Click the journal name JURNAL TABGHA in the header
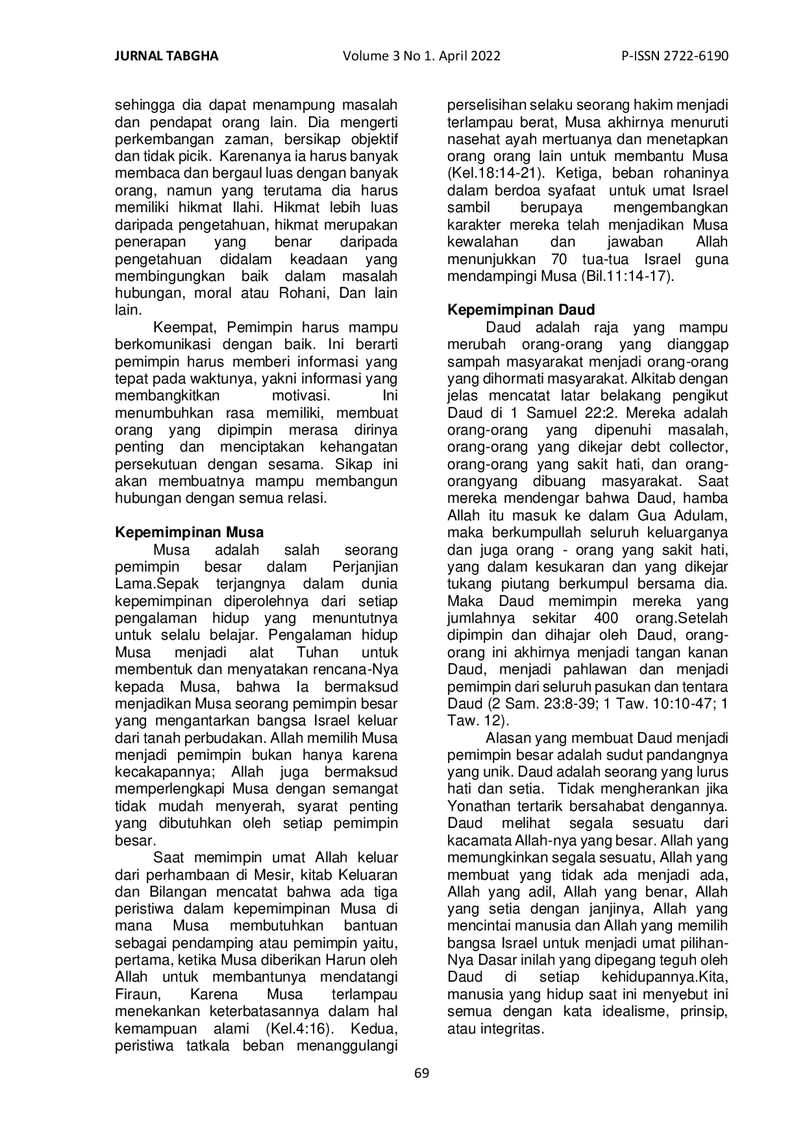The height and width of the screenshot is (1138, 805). coord(166,56)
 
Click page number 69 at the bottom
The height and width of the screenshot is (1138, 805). coord(421,1072)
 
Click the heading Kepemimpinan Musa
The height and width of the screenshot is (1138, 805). coord(189,533)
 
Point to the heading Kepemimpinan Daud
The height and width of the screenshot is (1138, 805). coord(521,310)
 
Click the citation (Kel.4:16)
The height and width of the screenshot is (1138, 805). coord(299,1028)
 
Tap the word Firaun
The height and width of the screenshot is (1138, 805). coord(136,995)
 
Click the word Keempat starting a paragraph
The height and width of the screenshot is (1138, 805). coord(186,328)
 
